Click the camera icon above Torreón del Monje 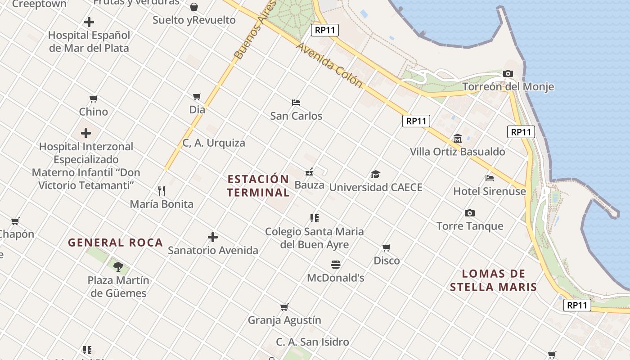click(508, 73)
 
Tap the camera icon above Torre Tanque click(470, 213)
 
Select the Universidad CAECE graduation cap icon click(375, 174)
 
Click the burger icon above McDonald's click(336, 264)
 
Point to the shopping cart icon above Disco click(387, 247)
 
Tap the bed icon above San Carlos click(296, 103)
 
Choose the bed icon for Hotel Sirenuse click(490, 178)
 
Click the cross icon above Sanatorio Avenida click(213, 237)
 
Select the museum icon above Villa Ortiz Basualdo click(458, 138)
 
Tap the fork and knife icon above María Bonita click(162, 191)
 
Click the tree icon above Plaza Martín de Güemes click(118, 267)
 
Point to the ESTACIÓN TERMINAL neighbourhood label click(258, 186)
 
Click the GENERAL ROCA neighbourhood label click(115, 243)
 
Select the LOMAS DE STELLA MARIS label click(494, 280)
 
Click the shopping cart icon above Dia click(197, 96)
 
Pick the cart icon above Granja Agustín click(284, 307)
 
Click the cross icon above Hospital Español click(89, 22)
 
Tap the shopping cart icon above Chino click(94, 99)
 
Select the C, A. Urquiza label click(214, 143)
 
